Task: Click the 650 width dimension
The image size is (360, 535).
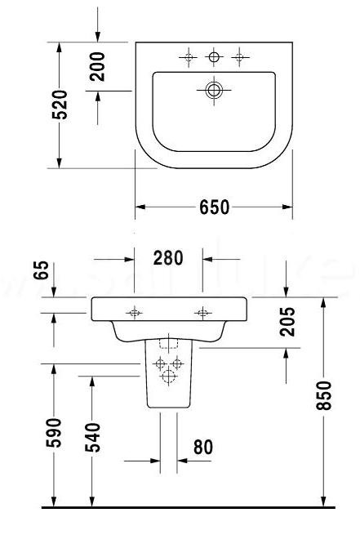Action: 215,207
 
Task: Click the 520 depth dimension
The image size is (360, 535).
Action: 60,105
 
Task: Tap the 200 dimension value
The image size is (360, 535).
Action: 97,66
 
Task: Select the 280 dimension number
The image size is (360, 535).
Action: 168,258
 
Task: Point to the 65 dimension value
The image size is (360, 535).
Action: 42,270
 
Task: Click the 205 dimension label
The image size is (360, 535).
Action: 287,322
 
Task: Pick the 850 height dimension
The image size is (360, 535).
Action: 323,395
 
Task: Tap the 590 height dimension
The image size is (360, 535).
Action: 54,433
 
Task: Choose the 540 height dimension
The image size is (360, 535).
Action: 93,438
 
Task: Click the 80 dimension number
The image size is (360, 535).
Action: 203,447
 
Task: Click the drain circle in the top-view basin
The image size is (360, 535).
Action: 214,90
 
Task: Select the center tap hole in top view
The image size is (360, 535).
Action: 214,57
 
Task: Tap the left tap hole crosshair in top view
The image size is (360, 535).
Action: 189,57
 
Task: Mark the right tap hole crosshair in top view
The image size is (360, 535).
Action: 240,57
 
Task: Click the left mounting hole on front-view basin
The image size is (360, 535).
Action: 135,313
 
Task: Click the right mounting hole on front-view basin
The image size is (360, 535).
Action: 202,313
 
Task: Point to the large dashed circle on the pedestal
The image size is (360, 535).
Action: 169,377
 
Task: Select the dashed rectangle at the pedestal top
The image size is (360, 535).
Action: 169,342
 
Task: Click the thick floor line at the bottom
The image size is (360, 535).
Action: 189,507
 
